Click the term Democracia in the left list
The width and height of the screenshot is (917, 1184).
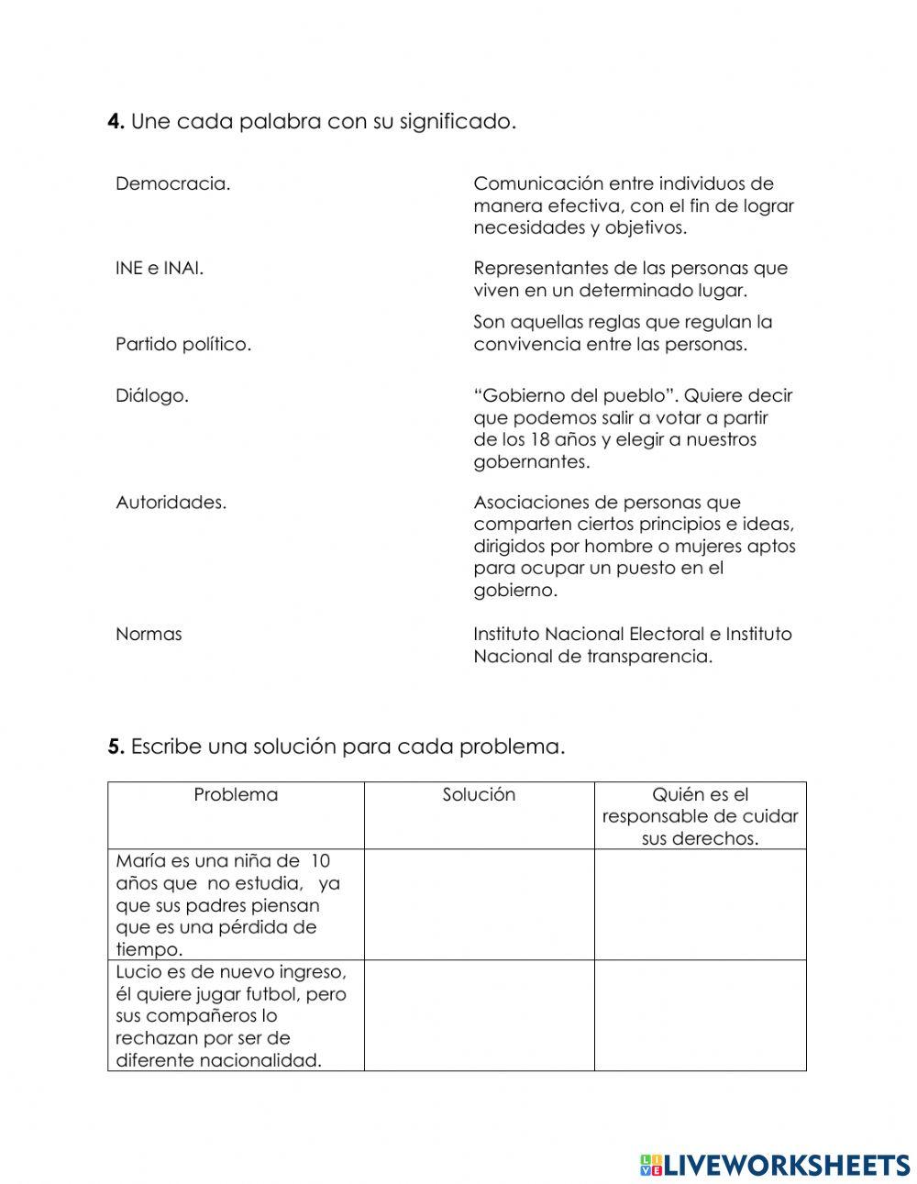tap(172, 184)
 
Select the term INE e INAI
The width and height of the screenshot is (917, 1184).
tap(160, 269)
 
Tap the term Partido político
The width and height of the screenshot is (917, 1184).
tap(183, 345)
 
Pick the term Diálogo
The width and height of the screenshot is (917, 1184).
tap(152, 396)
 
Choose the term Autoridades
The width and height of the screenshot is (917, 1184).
tap(171, 503)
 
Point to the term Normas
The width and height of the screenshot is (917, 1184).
tap(149, 635)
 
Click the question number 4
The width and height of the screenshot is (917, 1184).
tap(116, 122)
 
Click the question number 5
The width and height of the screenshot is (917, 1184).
tap(116, 747)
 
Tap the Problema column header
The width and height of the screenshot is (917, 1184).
tap(236, 795)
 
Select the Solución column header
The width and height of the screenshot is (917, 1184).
tap(479, 795)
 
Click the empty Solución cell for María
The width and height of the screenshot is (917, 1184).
tap(479, 904)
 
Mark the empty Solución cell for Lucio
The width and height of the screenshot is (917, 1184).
tap(479, 1015)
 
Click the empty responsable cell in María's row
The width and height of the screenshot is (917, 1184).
tap(700, 904)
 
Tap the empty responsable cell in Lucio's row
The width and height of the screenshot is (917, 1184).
tap(700, 1015)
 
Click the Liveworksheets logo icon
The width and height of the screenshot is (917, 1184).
tap(651, 1165)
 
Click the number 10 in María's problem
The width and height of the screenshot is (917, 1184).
tap(320, 861)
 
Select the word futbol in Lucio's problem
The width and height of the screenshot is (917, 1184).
tap(272, 994)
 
